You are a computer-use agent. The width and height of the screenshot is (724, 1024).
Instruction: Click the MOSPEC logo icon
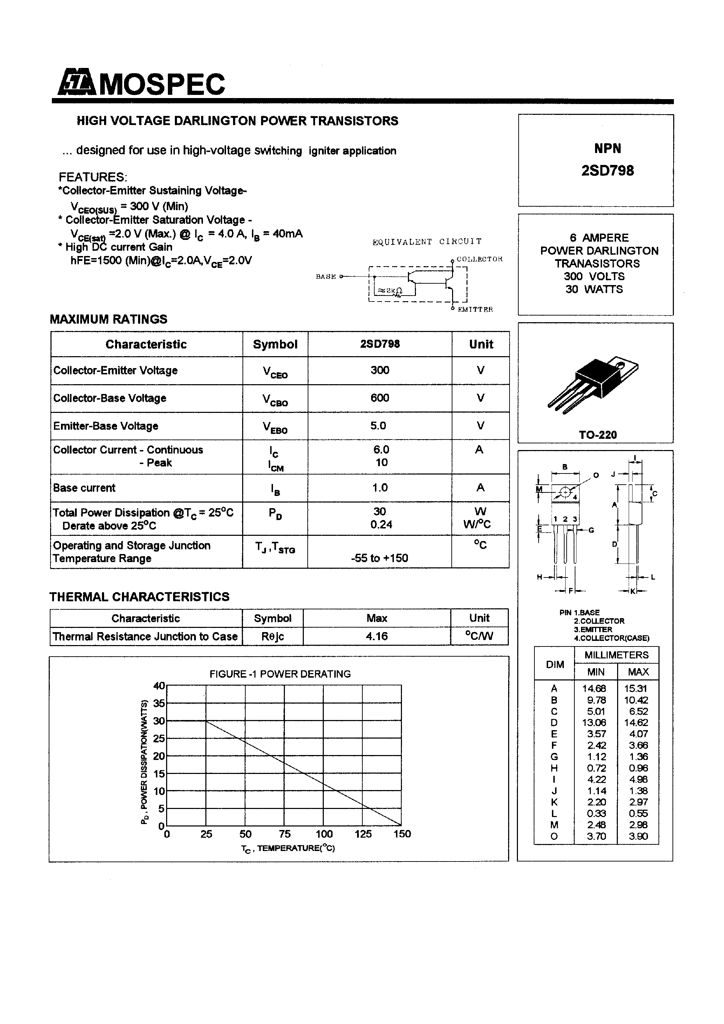pos(76,83)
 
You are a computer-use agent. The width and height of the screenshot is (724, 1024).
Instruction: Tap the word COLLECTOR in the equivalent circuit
pos(479,259)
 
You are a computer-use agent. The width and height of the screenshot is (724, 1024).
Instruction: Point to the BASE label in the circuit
pos(326,277)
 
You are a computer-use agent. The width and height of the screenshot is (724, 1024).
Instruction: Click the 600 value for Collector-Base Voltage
pos(380,398)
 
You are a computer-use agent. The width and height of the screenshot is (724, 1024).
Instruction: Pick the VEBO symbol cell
pos(275,427)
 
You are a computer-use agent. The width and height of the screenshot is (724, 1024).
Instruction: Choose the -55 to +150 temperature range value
pos(380,558)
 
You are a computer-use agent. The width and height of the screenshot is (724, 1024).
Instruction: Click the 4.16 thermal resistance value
pos(377,636)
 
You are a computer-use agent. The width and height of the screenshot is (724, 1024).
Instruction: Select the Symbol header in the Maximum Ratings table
pos(275,344)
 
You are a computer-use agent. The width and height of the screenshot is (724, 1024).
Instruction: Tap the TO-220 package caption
pos(598,435)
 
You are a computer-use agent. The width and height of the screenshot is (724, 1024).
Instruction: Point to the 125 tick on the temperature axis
pos(363,834)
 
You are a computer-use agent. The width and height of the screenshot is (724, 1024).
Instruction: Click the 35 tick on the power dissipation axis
pos(159,703)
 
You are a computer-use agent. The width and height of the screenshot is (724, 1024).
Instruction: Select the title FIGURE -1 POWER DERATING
pos(280,674)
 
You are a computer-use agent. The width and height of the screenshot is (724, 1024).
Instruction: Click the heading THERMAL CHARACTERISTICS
pos(139,597)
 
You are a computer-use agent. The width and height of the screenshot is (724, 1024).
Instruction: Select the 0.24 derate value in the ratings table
pos(381,525)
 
